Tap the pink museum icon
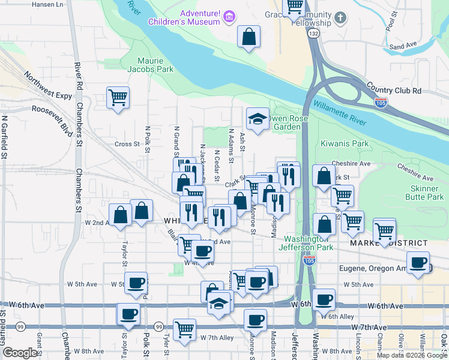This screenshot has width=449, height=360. coord(229,17)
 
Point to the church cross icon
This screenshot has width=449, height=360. coord(340,17)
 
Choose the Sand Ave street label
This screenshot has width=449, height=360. coord(403,46)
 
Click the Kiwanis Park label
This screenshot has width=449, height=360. coord(352,144)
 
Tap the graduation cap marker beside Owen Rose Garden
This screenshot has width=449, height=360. coord(258,119)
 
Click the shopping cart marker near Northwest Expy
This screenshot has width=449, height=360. coord(118,97)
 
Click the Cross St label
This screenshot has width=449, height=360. coord(127,144)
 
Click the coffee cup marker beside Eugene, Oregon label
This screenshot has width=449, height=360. coord(418,262)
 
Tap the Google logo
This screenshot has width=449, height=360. coord(20,353)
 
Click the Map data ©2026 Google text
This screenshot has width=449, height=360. coord(412,355)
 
